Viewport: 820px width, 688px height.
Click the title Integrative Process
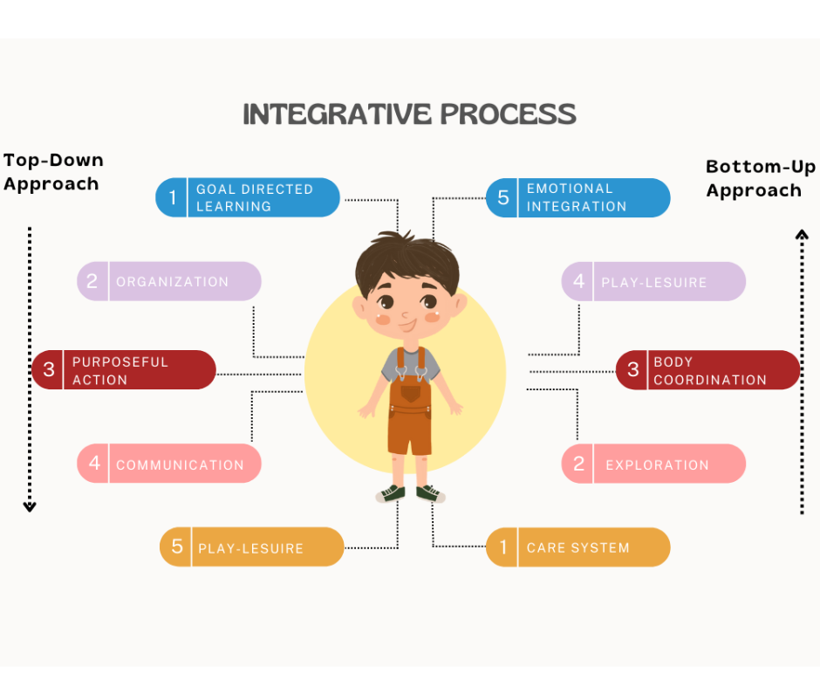pos(409,114)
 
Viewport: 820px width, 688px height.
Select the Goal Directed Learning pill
pos(247,197)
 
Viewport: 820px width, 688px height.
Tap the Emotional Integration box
pos(577,197)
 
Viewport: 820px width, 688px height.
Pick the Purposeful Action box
pos(124,370)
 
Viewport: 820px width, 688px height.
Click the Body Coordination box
pos(707,370)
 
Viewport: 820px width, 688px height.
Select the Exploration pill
pos(653,464)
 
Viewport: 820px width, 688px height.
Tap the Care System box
pos(577,547)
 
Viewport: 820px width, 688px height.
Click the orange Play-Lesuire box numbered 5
pos(251,547)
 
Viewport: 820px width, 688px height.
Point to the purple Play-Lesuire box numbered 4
pos(653,281)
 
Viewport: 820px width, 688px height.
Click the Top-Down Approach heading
pos(53,172)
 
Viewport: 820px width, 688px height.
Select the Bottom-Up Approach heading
pos(760,178)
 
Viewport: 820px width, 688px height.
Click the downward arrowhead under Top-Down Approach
pos(30,506)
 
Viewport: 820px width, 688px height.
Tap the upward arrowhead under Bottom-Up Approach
pos(801,233)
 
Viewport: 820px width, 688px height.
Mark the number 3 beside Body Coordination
pos(633,370)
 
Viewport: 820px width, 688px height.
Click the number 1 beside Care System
pos(502,547)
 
